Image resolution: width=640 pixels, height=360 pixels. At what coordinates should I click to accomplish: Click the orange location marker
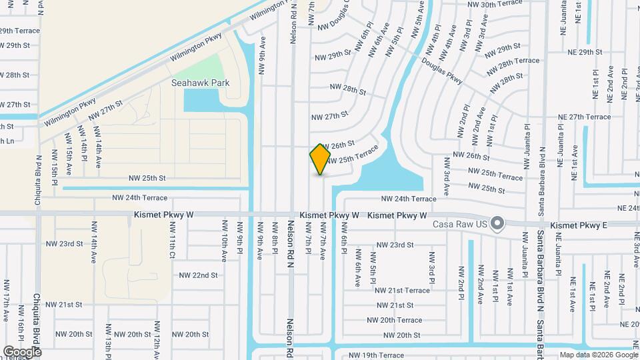coord(321,159)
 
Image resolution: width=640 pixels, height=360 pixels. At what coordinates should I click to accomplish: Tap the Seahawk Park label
coord(201,83)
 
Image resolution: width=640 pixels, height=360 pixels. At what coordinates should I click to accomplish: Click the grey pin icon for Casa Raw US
coord(497,223)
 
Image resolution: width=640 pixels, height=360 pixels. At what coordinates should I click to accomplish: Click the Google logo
coord(22,351)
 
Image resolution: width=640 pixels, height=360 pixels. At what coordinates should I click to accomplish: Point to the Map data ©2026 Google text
coord(599,355)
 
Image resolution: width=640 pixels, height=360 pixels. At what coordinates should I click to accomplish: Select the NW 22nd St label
coord(199,275)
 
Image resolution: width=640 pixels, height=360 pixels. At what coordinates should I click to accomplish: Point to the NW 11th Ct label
coord(172,246)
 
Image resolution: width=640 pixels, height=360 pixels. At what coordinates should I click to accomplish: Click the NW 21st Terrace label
coord(402,290)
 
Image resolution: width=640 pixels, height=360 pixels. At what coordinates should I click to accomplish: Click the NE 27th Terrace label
coord(584,117)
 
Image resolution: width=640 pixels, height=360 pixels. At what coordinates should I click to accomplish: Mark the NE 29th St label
coord(585,51)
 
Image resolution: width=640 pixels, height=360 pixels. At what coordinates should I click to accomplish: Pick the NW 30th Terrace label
coord(494,4)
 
